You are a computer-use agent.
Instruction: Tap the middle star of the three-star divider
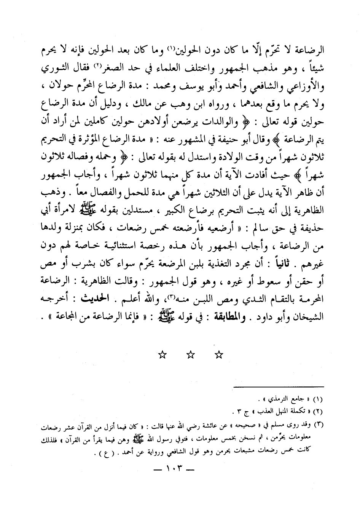(191, 355)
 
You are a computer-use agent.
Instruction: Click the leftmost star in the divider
(162, 355)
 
